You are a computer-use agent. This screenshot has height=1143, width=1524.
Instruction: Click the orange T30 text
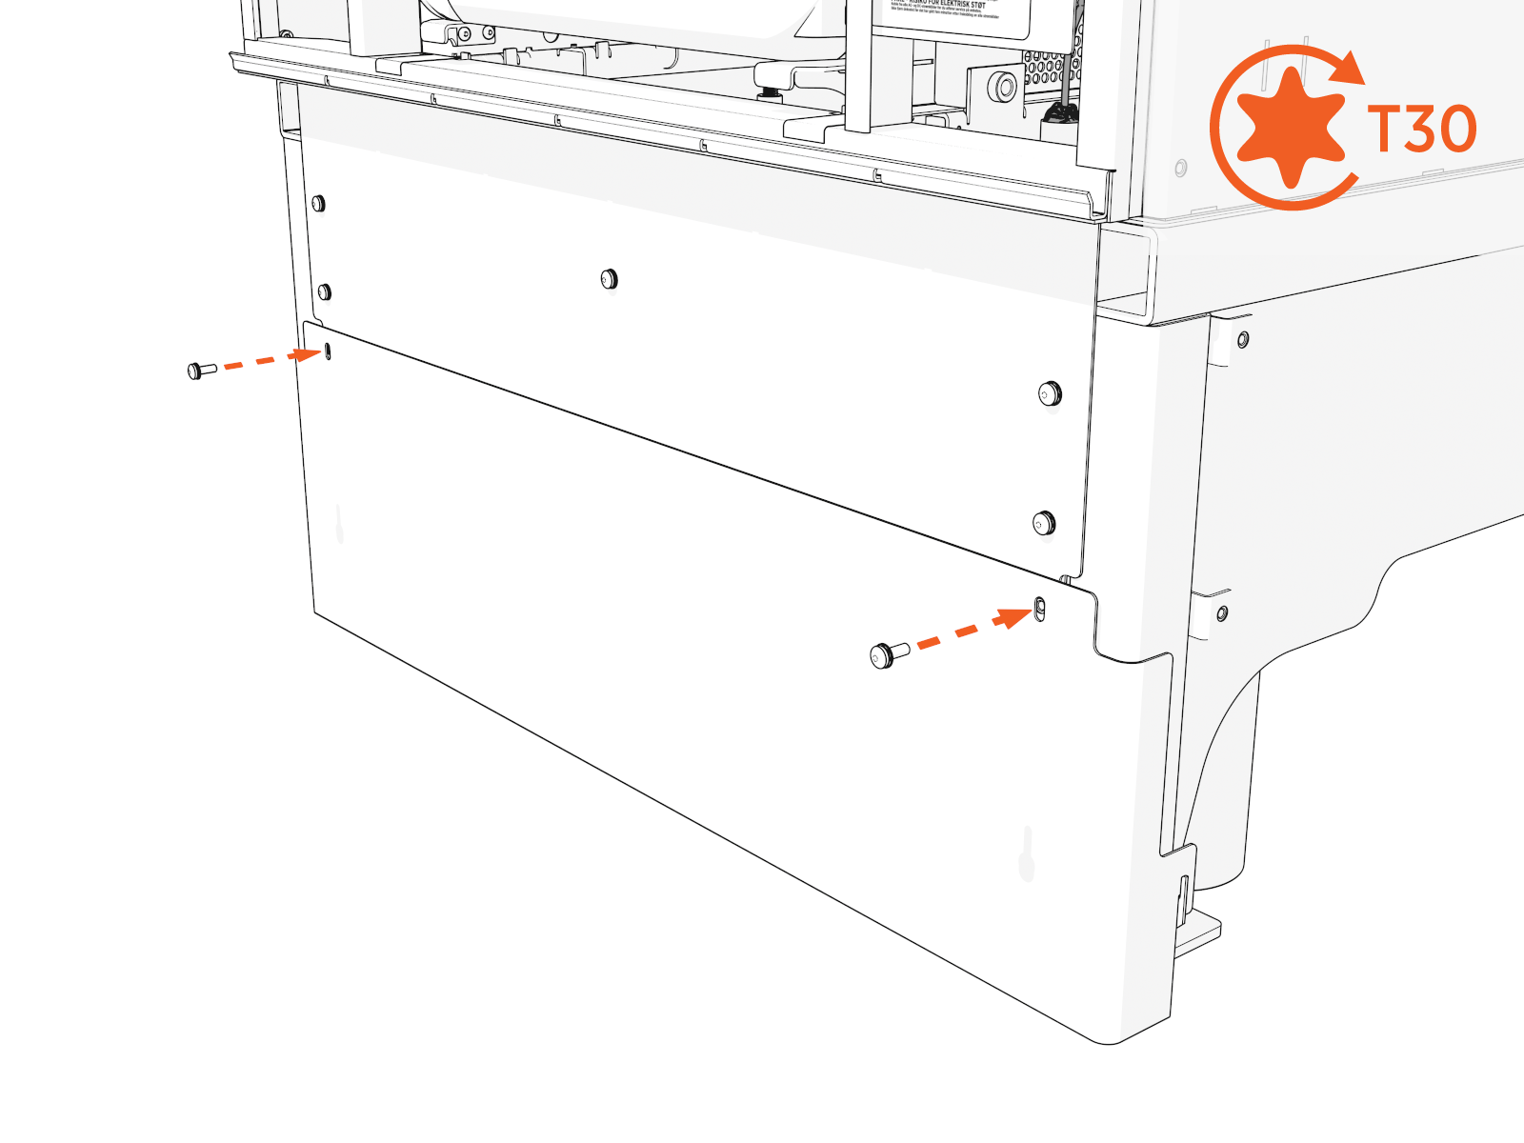pyautogui.click(x=1421, y=129)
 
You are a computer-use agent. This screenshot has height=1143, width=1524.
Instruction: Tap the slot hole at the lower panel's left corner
pyautogui.click(x=329, y=351)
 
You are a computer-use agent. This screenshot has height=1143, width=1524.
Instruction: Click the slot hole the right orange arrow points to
pyautogui.click(x=1039, y=608)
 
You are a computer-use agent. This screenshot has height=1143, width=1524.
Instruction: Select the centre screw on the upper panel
pyautogui.click(x=609, y=279)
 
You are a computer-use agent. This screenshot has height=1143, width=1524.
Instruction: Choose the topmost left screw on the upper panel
pyautogui.click(x=318, y=203)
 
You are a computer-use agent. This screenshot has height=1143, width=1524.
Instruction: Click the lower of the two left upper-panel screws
pyautogui.click(x=324, y=291)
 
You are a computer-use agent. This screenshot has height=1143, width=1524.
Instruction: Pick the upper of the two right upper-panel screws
pyautogui.click(x=1049, y=392)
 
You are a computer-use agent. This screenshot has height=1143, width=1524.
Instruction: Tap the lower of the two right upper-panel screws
pyautogui.click(x=1044, y=523)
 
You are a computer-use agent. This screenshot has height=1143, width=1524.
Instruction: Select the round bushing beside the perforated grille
pyautogui.click(x=1004, y=88)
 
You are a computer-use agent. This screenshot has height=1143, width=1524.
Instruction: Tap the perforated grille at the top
pyautogui.click(x=1051, y=69)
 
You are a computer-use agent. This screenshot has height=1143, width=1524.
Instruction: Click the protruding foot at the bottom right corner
pyautogui.click(x=1198, y=933)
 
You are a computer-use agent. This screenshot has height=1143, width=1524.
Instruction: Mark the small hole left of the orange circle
pyautogui.click(x=1181, y=169)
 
